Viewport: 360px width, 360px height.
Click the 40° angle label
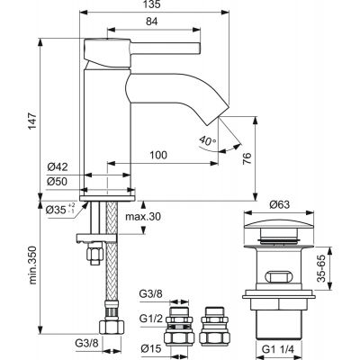coord(207,142)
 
